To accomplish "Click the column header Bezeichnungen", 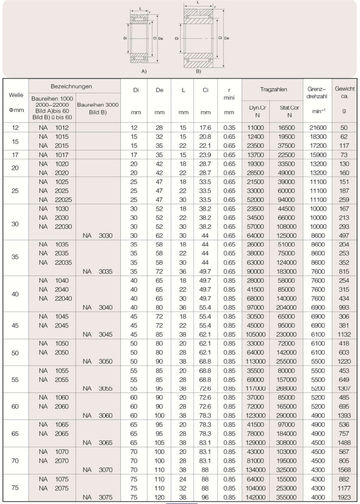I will point(71,86).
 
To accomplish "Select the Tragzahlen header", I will point(273,90).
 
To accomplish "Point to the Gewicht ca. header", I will point(345,92).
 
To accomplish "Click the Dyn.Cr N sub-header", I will point(257,111).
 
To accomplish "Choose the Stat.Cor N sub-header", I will point(289,111).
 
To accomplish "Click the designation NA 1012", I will point(53,128).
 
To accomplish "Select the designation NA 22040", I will point(55,298).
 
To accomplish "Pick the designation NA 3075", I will point(98,498).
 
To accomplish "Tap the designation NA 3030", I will point(98,235).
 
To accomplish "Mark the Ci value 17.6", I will point(205,128).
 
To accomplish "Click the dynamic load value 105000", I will point(255,334).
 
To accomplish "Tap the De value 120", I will point(159,498).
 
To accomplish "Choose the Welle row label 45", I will point(15,325).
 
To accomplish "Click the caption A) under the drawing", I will point(144,72).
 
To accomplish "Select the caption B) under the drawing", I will point(198,72).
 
